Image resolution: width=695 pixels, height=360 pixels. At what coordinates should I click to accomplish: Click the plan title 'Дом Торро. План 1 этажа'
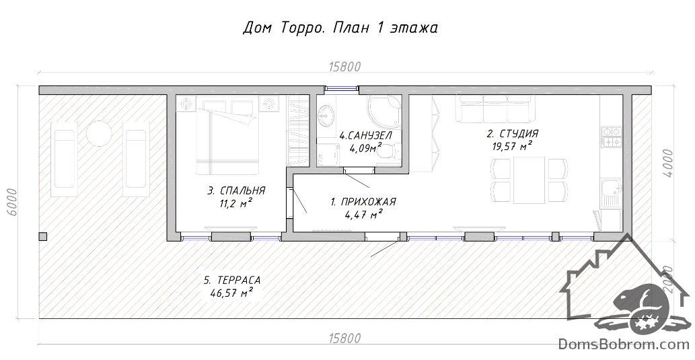click(340, 28)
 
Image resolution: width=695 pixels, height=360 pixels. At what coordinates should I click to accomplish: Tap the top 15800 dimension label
click(345, 67)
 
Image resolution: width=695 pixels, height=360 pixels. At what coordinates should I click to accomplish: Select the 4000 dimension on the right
click(668, 163)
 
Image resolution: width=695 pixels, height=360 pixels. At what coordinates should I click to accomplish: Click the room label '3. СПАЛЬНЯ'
click(236, 190)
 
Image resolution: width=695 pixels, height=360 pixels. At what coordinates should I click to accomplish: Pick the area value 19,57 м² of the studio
click(512, 146)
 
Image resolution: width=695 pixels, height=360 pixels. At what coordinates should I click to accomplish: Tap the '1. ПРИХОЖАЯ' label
click(363, 202)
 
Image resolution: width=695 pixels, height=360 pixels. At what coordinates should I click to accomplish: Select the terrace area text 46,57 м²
click(232, 292)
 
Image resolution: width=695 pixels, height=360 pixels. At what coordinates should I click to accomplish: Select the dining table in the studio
click(529, 180)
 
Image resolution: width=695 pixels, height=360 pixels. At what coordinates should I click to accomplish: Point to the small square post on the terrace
click(42, 236)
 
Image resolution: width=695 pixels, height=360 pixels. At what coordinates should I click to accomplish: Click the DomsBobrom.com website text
click(624, 344)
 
